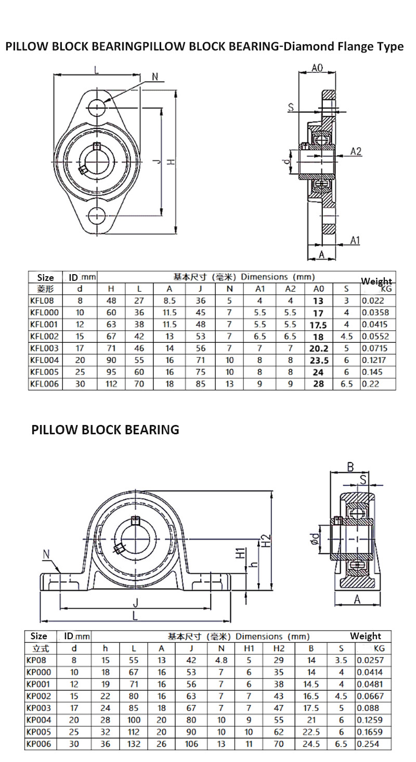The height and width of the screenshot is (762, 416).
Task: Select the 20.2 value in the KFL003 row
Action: pyautogui.click(x=318, y=348)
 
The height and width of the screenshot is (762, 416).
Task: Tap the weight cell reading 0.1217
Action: pyautogui.click(x=375, y=360)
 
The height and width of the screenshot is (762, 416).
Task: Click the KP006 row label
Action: pyautogui.click(x=38, y=744)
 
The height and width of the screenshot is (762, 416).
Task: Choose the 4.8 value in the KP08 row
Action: pyautogui.click(x=222, y=660)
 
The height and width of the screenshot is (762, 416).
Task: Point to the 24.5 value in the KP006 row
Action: pyautogui.click(x=311, y=744)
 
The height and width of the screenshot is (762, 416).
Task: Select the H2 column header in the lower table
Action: pyautogui.click(x=279, y=648)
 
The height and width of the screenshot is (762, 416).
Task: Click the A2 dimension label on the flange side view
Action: pyautogui.click(x=356, y=151)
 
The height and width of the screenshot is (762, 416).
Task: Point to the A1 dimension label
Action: pyautogui.click(x=355, y=240)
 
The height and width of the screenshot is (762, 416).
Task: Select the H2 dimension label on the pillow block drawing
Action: pyautogui.click(x=265, y=541)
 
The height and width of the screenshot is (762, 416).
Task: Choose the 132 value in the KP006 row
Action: pyautogui.click(x=134, y=744)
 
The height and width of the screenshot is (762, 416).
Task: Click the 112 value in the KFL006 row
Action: pyautogui.click(x=111, y=384)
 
